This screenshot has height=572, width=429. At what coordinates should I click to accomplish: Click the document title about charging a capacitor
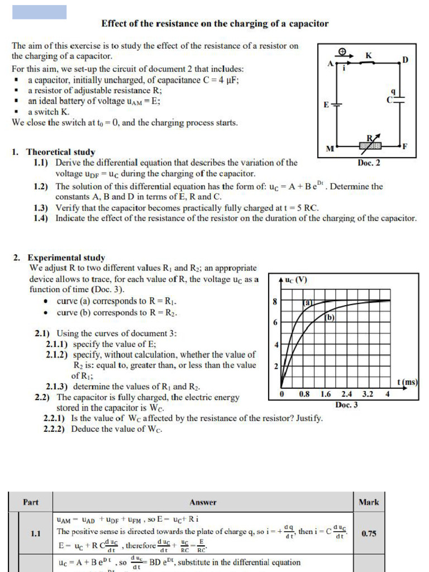tap(214, 24)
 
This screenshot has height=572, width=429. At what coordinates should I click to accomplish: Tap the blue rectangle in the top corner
tap(39, 12)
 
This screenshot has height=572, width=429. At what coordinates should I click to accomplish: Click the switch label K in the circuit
tap(368, 55)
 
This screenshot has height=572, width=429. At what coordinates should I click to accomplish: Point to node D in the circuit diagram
tap(405, 60)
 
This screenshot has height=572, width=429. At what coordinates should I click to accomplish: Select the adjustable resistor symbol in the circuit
tap(370, 145)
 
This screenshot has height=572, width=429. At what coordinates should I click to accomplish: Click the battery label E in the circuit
tap(326, 105)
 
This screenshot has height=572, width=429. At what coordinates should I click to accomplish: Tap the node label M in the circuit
tap(329, 149)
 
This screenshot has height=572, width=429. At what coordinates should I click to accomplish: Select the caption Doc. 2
tap(369, 163)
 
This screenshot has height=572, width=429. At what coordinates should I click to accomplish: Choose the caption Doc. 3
tap(347, 404)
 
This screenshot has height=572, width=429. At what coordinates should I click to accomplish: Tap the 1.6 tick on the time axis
tap(326, 394)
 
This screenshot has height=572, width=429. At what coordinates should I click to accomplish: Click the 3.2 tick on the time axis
tap(367, 394)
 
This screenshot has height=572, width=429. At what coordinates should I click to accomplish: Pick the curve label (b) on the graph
tap(329, 318)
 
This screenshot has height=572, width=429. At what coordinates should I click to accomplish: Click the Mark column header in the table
tap(369, 502)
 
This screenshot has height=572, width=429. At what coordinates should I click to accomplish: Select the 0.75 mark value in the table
tap(369, 533)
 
